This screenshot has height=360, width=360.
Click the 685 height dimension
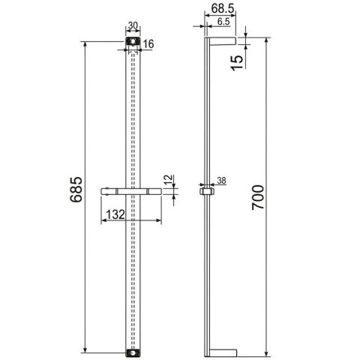(75, 196)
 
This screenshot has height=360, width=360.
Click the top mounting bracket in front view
(133, 42)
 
